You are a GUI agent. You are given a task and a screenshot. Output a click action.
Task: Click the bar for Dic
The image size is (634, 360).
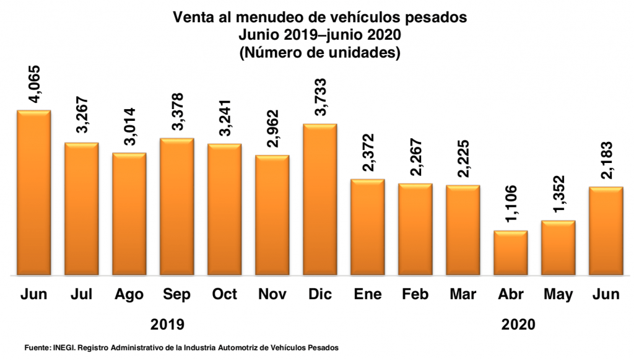[319, 198]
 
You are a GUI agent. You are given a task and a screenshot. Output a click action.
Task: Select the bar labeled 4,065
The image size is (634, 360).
[33, 192]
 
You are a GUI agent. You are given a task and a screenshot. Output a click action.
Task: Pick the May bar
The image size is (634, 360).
[558, 247]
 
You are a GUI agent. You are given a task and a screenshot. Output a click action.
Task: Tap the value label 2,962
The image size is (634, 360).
[272, 130]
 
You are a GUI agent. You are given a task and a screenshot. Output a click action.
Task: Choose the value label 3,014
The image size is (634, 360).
[129, 127]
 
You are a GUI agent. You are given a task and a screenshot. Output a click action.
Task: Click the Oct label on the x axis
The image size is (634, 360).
[224, 294]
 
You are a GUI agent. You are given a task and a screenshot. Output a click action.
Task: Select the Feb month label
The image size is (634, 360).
[415, 294]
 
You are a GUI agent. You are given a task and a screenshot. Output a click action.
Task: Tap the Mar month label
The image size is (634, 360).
[463, 294]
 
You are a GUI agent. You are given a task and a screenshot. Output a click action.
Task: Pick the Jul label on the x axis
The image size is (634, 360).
[81, 294]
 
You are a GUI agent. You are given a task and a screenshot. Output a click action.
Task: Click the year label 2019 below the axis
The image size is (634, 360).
[167, 324]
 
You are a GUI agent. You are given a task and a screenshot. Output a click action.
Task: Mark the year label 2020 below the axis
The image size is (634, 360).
[518, 324]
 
